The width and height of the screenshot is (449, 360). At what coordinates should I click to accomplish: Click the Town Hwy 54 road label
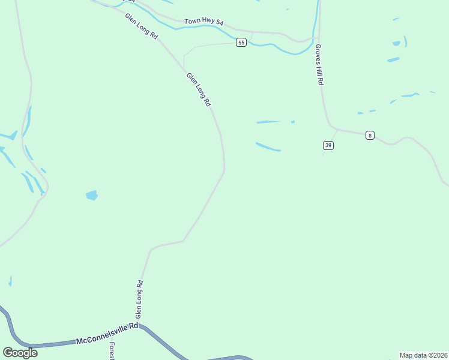click(x=204, y=22)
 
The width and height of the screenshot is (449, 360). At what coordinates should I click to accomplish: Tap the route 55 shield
click(x=241, y=42)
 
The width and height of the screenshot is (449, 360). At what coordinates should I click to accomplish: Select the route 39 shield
click(x=328, y=145)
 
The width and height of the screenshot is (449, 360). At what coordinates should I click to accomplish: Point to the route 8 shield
click(x=370, y=136)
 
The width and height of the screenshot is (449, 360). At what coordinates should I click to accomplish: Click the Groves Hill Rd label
click(x=319, y=65)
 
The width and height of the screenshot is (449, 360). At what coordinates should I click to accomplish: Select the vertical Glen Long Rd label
click(x=139, y=299)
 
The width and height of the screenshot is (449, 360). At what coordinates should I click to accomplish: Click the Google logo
click(x=20, y=352)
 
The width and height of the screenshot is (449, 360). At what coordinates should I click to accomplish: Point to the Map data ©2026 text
click(x=423, y=355)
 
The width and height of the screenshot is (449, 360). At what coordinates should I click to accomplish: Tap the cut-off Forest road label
click(x=112, y=352)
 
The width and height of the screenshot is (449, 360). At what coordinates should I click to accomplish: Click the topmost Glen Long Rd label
click(x=142, y=27)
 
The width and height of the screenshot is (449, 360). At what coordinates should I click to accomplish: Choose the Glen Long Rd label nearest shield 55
click(x=199, y=90)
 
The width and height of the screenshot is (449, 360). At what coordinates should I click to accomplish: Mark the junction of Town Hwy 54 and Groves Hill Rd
click(x=318, y=38)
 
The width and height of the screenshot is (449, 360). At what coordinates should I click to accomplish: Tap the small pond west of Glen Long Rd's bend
click(x=92, y=195)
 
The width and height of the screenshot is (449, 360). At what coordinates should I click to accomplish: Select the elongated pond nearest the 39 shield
click(x=268, y=146)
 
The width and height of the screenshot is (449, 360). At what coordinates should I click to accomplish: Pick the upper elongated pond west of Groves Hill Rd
click(x=269, y=122)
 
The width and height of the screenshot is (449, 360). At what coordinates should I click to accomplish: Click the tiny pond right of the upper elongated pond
click(x=293, y=122)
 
